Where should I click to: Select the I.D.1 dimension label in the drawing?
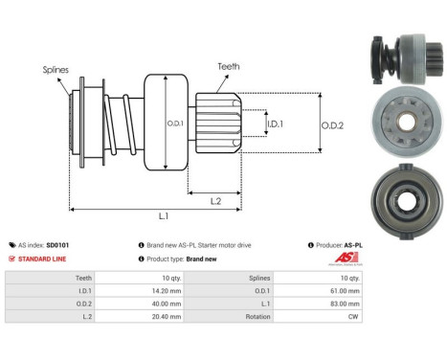(x=276, y=124)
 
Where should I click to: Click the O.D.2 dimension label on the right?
(x=333, y=123)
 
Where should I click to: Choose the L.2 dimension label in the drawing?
(x=217, y=200)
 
